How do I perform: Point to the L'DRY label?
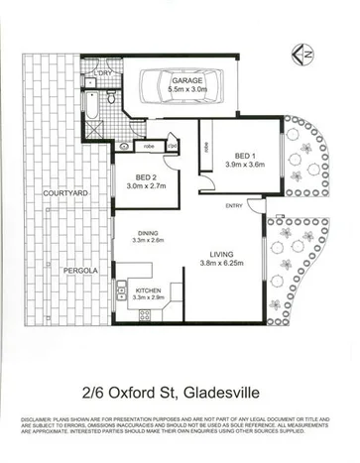[101, 73]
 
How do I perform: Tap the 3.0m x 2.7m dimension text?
[147, 186]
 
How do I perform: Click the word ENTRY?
[234, 205]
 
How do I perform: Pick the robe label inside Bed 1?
[207, 148]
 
